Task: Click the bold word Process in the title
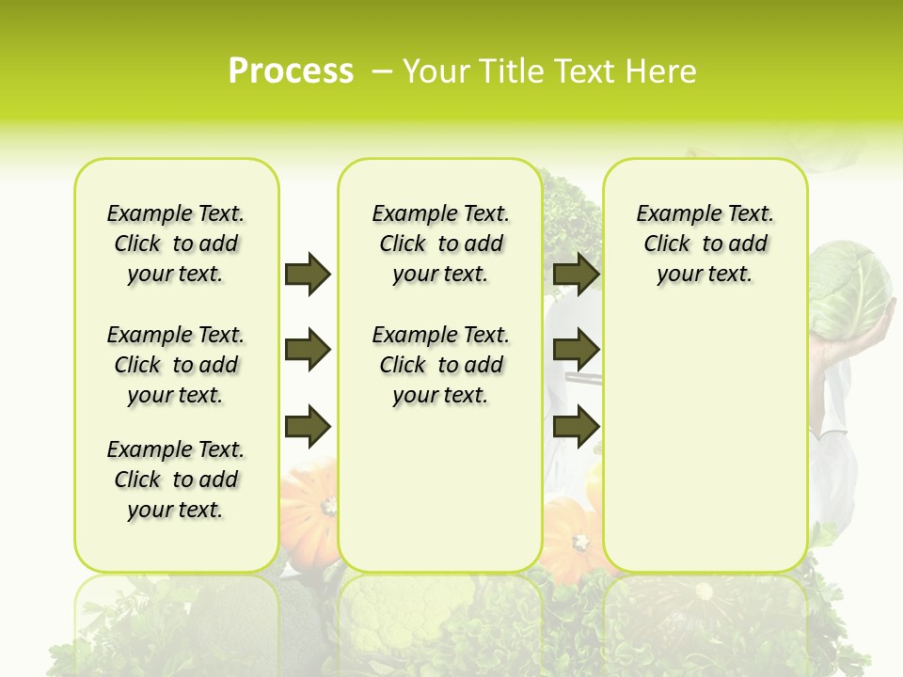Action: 291,71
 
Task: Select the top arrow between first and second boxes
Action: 308,275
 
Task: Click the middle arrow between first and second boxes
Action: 308,351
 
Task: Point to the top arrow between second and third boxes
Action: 576,275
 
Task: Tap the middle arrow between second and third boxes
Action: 576,351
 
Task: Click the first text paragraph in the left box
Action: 176,244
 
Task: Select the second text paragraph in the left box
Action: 176,365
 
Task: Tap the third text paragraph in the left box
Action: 176,480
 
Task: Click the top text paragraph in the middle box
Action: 440,244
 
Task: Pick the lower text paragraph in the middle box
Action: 440,365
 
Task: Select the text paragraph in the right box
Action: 705,244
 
